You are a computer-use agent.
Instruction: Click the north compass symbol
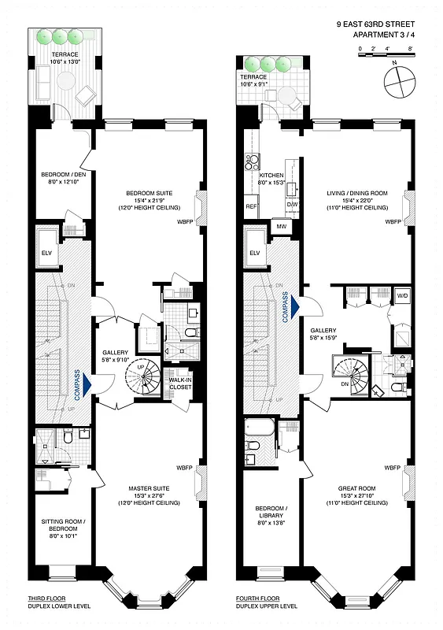pos(400,81)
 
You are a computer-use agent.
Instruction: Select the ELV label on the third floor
pos(46,253)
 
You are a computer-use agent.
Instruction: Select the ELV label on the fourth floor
pos(254,253)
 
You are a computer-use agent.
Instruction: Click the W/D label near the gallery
pos(402,296)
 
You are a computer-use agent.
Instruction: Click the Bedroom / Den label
pos(65,178)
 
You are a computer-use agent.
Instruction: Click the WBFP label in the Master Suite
pos(184,468)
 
